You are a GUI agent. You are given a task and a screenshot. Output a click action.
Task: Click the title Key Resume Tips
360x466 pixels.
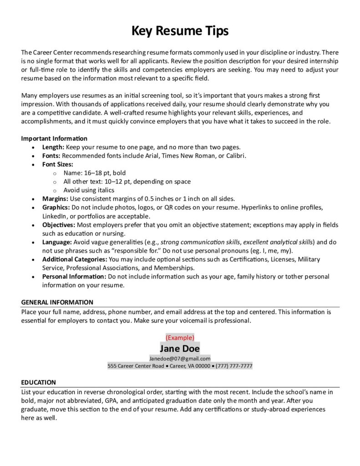180,31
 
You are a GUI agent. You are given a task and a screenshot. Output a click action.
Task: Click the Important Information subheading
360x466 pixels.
54,138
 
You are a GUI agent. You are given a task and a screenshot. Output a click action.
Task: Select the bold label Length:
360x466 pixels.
53,147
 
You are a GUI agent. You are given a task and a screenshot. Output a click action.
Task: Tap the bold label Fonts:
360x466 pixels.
51,156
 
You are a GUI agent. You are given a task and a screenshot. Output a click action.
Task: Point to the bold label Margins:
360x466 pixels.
55,199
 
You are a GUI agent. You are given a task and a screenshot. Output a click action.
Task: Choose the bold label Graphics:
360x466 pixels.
56,208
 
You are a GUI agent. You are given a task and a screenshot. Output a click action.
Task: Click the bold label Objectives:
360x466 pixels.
59,225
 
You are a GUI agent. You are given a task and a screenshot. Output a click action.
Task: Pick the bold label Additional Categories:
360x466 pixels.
75,259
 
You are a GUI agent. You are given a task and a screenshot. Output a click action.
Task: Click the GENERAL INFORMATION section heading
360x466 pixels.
57,302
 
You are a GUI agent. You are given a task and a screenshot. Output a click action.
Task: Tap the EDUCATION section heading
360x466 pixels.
38,382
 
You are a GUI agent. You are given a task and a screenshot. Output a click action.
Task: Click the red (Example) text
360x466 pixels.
180,338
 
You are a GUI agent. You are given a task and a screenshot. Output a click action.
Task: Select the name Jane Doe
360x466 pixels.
180,349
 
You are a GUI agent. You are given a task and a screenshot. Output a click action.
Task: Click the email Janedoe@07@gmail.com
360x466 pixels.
180,358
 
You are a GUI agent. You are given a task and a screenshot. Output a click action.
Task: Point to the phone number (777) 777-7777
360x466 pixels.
234,366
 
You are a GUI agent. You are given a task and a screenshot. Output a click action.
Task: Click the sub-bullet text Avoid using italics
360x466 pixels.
89,190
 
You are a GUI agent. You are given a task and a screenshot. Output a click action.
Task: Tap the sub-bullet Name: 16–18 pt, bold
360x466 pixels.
95,173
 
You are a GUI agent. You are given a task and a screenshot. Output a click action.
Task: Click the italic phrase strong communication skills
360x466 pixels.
200,242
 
